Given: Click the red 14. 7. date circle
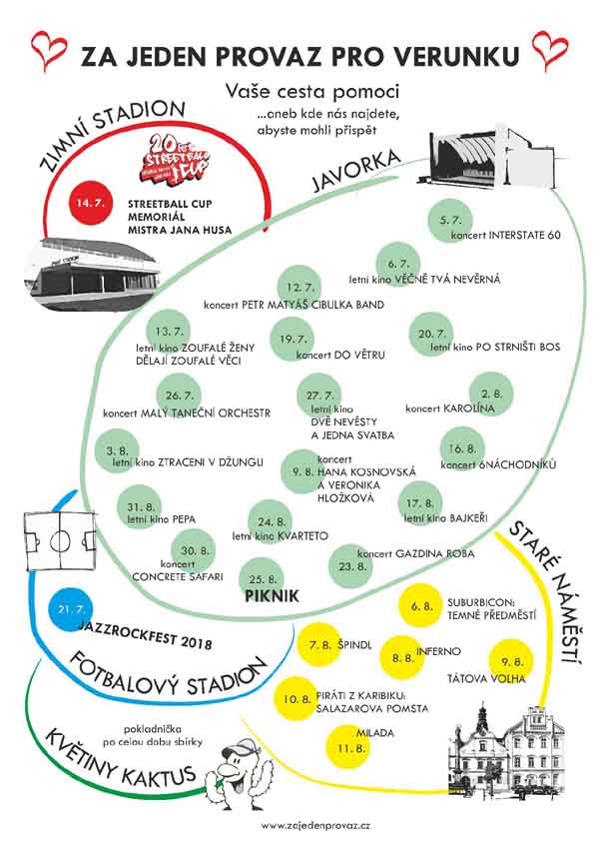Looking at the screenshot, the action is click(x=91, y=204).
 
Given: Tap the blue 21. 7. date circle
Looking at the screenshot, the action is click(x=70, y=610).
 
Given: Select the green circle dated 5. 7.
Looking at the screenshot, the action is click(x=450, y=221).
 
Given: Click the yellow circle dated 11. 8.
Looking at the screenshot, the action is click(x=349, y=747).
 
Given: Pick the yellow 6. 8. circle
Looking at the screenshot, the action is click(x=420, y=606).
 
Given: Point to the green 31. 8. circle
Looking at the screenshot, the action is click(x=140, y=507).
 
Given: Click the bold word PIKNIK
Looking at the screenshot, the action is click(x=272, y=596).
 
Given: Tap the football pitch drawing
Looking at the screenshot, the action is click(x=60, y=540).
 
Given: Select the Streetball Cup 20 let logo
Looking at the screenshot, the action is click(x=176, y=159).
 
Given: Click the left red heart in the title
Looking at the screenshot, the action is click(x=48, y=50).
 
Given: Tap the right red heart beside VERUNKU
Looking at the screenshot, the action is click(x=550, y=50).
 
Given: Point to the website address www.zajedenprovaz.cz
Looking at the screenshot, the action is click(x=315, y=826).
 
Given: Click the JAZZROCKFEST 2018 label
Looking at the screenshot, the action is click(x=145, y=634).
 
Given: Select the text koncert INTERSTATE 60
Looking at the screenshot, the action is click(x=505, y=235).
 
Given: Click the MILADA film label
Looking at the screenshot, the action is click(x=374, y=733).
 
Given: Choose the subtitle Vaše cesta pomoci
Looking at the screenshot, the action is click(x=312, y=91).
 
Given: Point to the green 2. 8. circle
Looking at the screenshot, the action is click(x=491, y=395).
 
